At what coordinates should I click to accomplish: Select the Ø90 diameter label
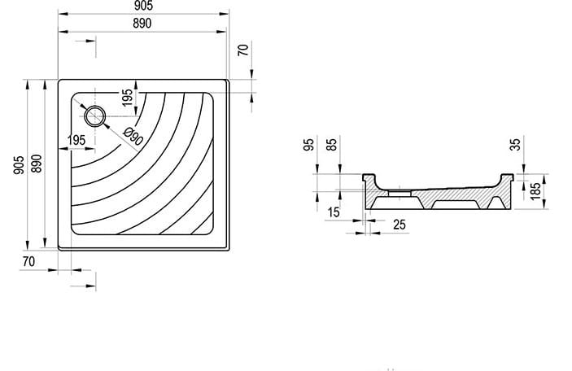pyautogui.click(x=133, y=137)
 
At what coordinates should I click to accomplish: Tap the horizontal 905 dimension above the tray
pyautogui.click(x=143, y=6)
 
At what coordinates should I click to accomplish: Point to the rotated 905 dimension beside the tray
pyautogui.click(x=19, y=165)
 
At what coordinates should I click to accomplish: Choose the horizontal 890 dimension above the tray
pyautogui.click(x=142, y=24)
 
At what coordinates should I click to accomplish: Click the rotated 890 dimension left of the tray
pyautogui.click(x=37, y=164)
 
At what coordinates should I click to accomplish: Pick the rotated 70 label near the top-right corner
pyautogui.click(x=243, y=50)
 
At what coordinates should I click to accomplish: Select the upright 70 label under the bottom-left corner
pyautogui.click(x=28, y=261)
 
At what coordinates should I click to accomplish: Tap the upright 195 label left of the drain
pyautogui.click(x=76, y=140)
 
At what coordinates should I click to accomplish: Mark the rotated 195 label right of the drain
pyautogui.click(x=127, y=98)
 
